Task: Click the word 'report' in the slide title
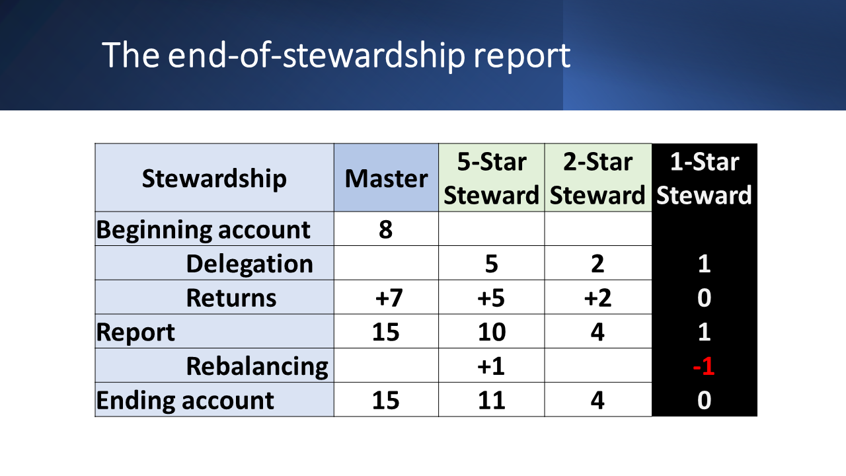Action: coord(521,56)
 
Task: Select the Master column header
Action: coord(386,178)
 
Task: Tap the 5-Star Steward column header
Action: coord(491,178)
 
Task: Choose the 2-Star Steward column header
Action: coord(597,178)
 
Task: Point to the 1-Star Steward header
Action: coord(704,178)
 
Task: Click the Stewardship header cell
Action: coord(214,178)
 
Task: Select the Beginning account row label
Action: coord(203,229)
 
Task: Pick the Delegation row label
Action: coord(250,263)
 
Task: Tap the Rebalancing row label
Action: coord(257,366)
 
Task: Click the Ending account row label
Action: coord(185,400)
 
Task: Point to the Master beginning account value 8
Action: coord(385,229)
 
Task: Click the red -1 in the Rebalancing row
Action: coord(704,366)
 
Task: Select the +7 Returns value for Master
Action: coord(389,297)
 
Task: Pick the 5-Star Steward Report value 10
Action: coord(491,332)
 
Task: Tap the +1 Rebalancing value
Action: coord(490,366)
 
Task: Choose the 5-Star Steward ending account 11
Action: coord(491,400)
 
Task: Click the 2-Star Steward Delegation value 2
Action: coord(597,263)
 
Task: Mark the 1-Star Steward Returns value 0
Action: coord(704,297)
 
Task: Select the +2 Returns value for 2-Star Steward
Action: coord(597,297)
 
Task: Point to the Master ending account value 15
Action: coord(385,400)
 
